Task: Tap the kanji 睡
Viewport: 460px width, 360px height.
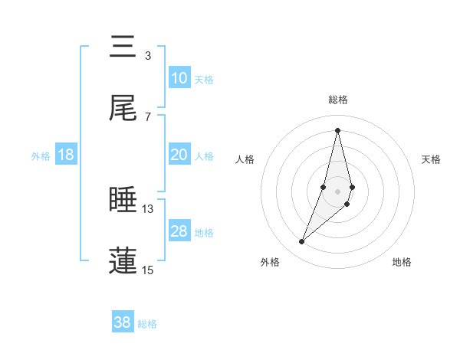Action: [x=123, y=200]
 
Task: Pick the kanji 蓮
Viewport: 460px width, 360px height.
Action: [x=123, y=260]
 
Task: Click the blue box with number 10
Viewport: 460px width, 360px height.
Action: [x=179, y=78]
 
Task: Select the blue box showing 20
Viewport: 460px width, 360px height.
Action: [x=179, y=155]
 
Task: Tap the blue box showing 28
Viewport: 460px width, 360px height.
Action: [x=179, y=231]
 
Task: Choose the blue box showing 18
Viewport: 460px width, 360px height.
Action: [x=66, y=155]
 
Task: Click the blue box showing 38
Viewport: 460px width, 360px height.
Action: [x=123, y=322]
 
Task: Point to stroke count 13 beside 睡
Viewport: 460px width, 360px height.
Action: [x=148, y=208]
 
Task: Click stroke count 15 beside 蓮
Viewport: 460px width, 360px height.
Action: [x=148, y=270]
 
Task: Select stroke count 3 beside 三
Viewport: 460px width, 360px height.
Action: [x=148, y=55]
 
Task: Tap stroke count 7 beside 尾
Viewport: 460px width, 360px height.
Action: [x=148, y=116]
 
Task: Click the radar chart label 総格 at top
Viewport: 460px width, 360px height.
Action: [x=338, y=100]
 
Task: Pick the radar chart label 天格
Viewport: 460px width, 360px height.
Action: [x=431, y=159]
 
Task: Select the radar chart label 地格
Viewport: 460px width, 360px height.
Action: [x=402, y=263]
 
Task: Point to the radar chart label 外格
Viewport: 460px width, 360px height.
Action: [x=270, y=263]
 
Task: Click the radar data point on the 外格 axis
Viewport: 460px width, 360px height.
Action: [x=301, y=242]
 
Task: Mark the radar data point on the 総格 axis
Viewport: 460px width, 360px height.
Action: [x=337, y=130]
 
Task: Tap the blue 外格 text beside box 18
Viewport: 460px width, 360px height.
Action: [x=41, y=155]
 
